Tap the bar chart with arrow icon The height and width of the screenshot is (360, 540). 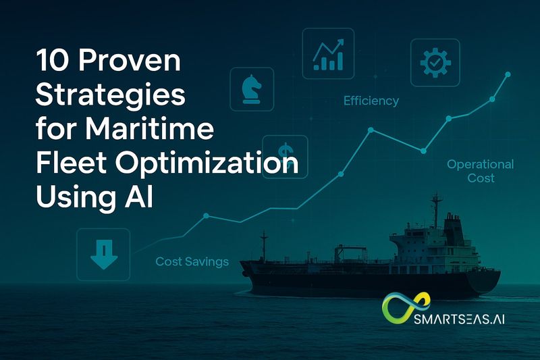point(329,52)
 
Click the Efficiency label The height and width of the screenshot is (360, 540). point(371,101)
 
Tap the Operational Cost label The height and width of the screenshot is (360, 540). point(480,171)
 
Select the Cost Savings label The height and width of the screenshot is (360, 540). point(192,261)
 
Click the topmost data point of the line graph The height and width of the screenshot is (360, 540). point(508,74)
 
